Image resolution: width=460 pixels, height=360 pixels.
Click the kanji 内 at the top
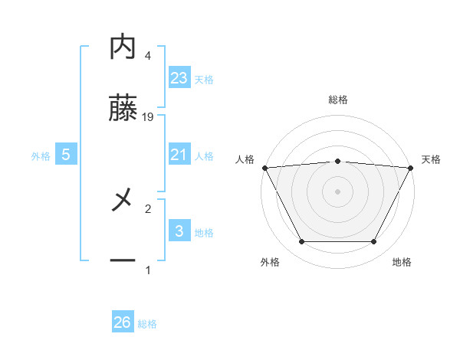(x=123, y=47)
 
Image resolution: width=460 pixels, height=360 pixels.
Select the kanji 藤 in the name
(x=123, y=110)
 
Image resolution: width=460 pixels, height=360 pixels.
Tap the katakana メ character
(x=123, y=201)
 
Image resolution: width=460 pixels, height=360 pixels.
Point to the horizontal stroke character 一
(x=123, y=261)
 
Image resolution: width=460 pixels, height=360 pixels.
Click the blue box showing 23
(x=179, y=77)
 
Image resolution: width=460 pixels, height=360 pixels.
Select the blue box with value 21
(x=179, y=155)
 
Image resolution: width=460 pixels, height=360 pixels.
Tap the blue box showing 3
(x=179, y=231)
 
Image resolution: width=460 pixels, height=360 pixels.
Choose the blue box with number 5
(x=66, y=155)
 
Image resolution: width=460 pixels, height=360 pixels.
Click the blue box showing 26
(x=123, y=322)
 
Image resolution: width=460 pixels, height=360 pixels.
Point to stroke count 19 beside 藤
(x=148, y=117)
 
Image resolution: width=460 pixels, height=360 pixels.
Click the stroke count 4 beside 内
(x=147, y=56)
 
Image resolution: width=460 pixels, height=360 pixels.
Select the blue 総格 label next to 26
(x=147, y=324)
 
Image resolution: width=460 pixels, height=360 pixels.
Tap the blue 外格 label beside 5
(x=41, y=155)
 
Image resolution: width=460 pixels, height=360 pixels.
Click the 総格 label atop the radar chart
(x=337, y=100)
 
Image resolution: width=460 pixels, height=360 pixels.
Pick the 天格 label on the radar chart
(x=431, y=159)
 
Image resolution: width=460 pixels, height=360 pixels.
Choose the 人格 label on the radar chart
(x=245, y=159)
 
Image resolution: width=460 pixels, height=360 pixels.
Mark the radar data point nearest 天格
(x=411, y=168)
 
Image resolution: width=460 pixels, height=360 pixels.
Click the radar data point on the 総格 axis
(x=337, y=161)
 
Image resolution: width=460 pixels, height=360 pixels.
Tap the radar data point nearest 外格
(x=301, y=242)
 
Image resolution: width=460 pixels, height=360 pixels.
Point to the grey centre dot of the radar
(x=337, y=191)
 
